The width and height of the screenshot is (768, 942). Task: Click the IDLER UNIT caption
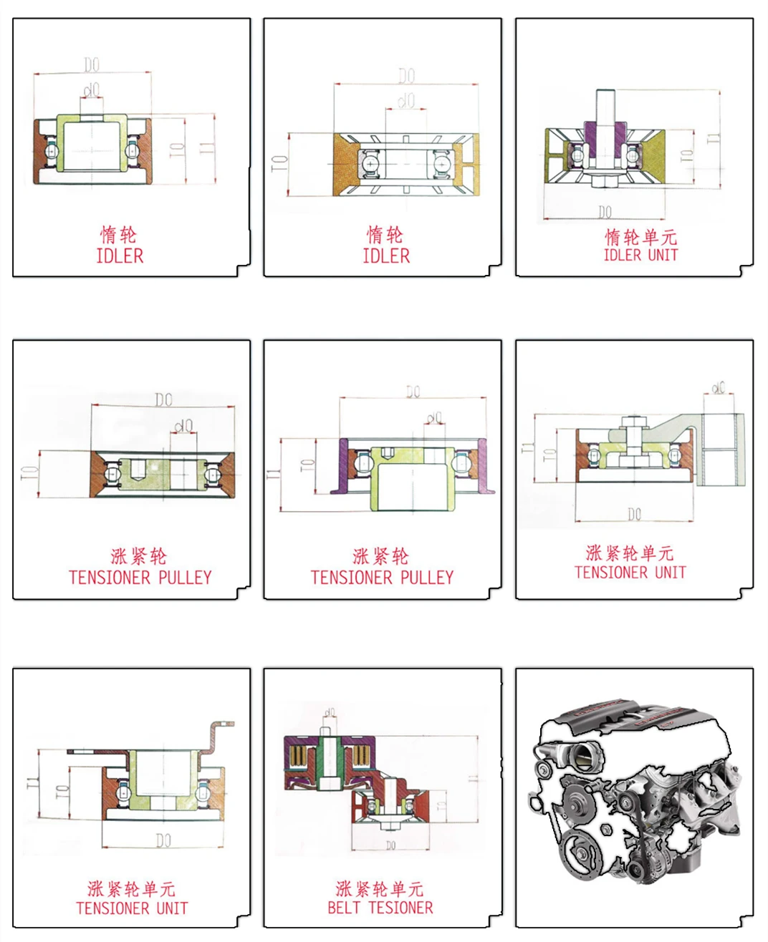[x=640, y=255]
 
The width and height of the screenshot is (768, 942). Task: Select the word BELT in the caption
[x=343, y=908]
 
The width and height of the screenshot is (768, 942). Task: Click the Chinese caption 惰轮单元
[x=640, y=236]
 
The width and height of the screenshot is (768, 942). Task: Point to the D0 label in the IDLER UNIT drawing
[x=605, y=211]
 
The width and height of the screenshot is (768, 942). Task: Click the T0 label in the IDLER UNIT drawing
[x=686, y=153]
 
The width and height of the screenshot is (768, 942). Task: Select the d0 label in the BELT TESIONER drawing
[x=330, y=713]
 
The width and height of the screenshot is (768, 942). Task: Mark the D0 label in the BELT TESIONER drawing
[x=390, y=845]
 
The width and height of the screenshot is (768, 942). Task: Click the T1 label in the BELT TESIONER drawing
[x=472, y=777]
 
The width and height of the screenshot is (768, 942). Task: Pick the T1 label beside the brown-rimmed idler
[x=206, y=149]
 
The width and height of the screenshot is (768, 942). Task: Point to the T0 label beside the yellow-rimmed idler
[x=279, y=163]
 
